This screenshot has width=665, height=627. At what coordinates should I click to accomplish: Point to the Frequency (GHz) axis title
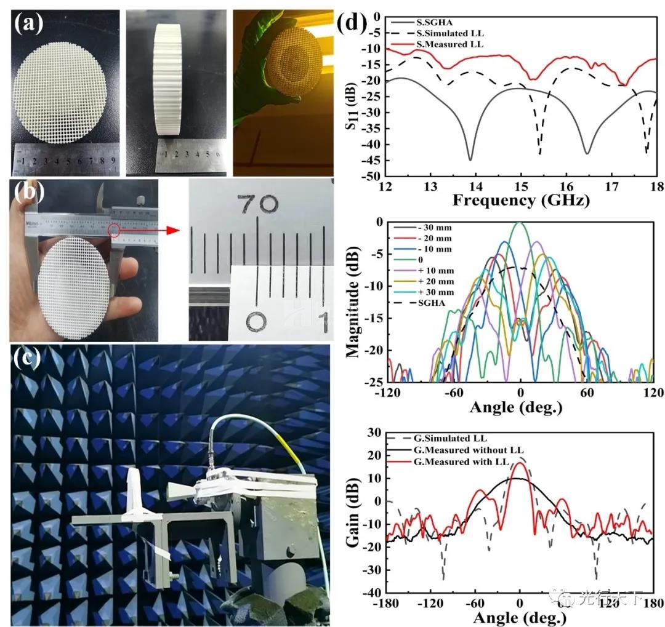click(520, 200)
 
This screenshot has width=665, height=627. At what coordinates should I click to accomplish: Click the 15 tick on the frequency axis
click(521, 186)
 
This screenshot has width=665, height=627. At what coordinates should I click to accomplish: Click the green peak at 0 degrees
click(520, 225)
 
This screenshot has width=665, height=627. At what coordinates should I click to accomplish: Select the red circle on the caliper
click(115, 230)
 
